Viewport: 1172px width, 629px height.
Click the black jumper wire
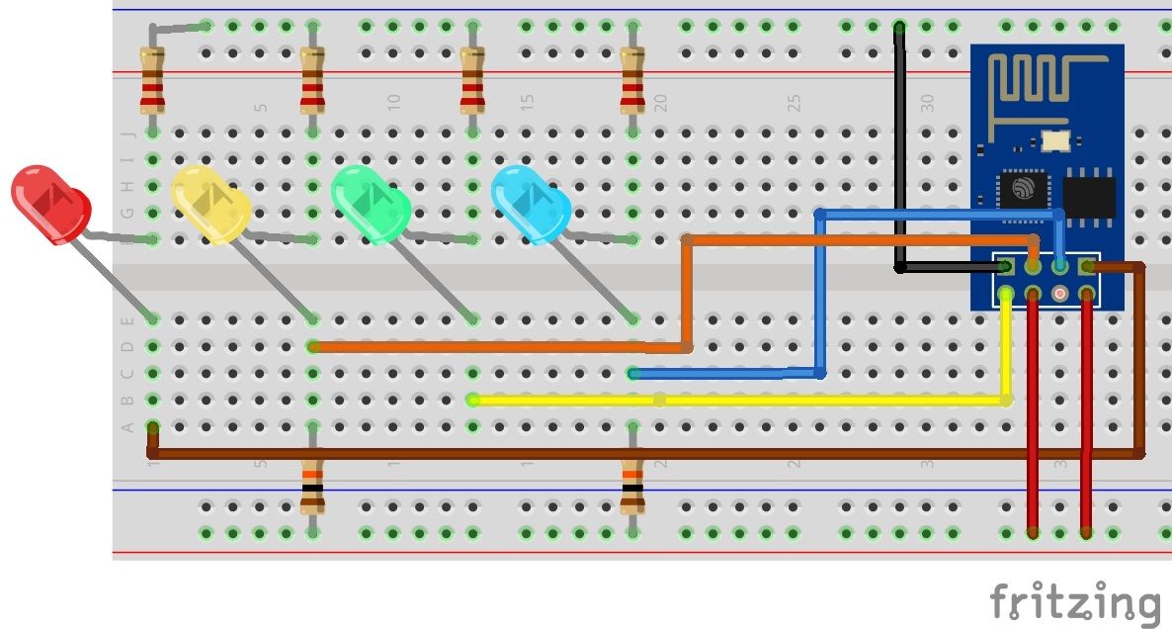point(899,148)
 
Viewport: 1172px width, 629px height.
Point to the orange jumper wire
point(494,347)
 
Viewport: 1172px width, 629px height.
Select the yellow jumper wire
point(741,401)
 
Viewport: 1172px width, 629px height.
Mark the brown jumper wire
point(642,454)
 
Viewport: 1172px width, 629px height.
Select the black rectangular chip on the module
point(1088,196)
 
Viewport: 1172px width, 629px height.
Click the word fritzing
point(1075,602)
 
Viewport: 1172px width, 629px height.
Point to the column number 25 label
point(794,102)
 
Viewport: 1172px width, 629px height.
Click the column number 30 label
point(927,102)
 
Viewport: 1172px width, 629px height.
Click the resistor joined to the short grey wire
point(151,83)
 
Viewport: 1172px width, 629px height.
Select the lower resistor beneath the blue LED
point(632,487)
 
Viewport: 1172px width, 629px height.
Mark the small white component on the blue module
point(1057,141)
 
